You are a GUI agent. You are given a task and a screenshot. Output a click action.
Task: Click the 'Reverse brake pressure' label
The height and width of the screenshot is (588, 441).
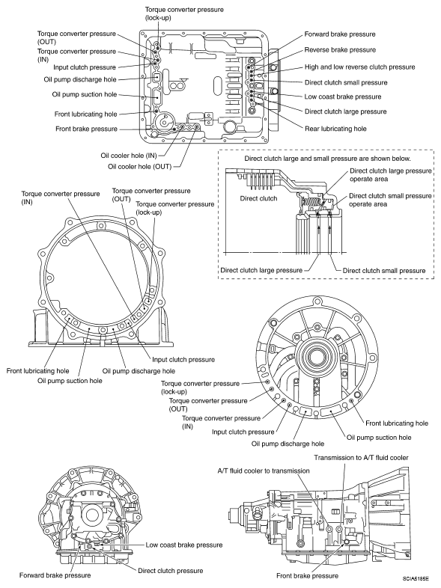pos(340,50)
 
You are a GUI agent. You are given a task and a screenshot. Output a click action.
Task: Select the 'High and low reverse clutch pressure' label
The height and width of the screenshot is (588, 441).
pos(359,67)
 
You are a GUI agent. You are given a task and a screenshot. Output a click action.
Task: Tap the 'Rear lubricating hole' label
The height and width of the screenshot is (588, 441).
pos(335,129)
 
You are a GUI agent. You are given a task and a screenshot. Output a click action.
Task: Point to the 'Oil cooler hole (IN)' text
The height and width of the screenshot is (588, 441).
pos(129,156)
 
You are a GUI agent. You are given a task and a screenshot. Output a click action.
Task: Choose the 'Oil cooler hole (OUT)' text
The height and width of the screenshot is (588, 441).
pos(139,166)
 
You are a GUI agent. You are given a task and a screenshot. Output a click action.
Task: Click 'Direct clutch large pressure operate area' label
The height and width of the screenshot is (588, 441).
pos(391,175)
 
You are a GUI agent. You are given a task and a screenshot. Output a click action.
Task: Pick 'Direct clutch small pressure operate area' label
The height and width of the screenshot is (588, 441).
pos(390,200)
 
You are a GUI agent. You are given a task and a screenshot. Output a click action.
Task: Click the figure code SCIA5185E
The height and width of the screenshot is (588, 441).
pos(416,578)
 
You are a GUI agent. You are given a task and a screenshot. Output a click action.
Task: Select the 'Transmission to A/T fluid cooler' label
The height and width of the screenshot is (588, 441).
pos(361,458)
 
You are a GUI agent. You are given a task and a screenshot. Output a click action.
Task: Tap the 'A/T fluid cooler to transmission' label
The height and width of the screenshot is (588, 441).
pos(264,471)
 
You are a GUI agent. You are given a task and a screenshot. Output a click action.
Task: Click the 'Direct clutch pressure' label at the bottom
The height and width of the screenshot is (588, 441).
pos(171,571)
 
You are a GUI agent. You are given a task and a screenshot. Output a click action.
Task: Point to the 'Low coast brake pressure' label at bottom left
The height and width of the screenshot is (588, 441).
pos(184,545)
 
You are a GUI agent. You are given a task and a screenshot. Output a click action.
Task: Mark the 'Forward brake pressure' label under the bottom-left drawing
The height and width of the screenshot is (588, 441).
pos(55,575)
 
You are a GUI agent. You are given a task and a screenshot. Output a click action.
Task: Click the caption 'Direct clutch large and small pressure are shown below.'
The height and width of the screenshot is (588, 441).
pos(327,159)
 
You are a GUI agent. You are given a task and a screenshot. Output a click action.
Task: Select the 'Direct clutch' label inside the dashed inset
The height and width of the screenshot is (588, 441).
pos(258,198)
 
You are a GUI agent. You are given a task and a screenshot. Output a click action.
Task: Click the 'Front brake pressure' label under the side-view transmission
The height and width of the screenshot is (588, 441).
pos(307,575)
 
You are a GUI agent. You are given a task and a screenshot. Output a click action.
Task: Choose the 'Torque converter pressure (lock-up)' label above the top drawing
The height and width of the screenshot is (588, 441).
pos(184,13)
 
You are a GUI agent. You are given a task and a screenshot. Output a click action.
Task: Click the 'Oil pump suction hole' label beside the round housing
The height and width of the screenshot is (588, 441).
pos(379,437)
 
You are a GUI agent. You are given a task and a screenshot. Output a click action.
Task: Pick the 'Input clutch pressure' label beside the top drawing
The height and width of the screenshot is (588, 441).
pos(85,67)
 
